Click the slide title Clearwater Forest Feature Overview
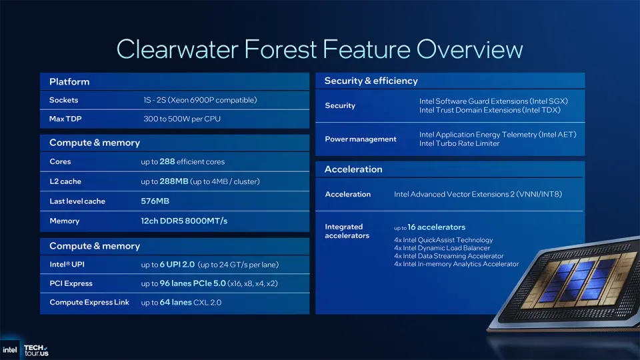319,49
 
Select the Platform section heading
69,81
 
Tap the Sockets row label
63,100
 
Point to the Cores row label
60,161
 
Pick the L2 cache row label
65,181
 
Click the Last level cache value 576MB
155,201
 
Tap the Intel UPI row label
67,265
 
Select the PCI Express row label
71,283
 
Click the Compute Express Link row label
89,302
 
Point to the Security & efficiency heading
371,81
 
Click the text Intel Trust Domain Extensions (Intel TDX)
490,110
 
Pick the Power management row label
361,139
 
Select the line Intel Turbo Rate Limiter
459,143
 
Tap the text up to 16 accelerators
430,227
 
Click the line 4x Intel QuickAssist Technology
443,240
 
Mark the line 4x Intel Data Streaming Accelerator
449,256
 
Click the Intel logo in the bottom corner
10,349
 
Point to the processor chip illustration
573,287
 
